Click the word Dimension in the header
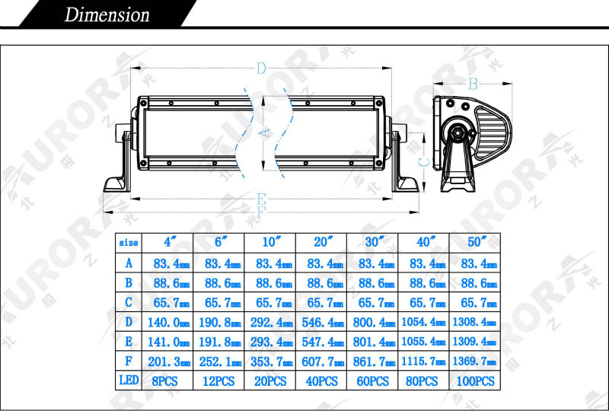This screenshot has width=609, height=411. [107, 14]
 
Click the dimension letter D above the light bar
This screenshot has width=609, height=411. [261, 69]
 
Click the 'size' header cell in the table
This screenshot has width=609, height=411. [129, 243]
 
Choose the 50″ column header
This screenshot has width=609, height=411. [474, 243]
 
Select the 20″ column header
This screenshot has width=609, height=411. [321, 243]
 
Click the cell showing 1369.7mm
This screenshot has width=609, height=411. [474, 362]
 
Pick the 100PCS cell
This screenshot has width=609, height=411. [474, 381]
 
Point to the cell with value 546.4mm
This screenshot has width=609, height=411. [321, 322]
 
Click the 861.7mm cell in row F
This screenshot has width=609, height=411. [372, 362]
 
